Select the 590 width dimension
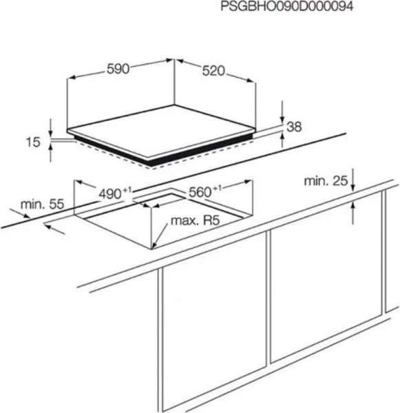point(118,69)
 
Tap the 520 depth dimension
point(213,71)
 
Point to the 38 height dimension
point(294,127)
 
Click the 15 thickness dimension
point(33,142)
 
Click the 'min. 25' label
point(326,181)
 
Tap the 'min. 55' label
point(42,204)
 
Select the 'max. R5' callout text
point(196,220)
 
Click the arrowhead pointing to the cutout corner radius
point(154,245)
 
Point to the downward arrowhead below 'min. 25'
point(352,187)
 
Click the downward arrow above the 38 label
point(282,112)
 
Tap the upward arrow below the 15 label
point(50,153)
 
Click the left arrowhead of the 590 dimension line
point(72,78)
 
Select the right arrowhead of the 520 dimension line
point(251,81)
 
